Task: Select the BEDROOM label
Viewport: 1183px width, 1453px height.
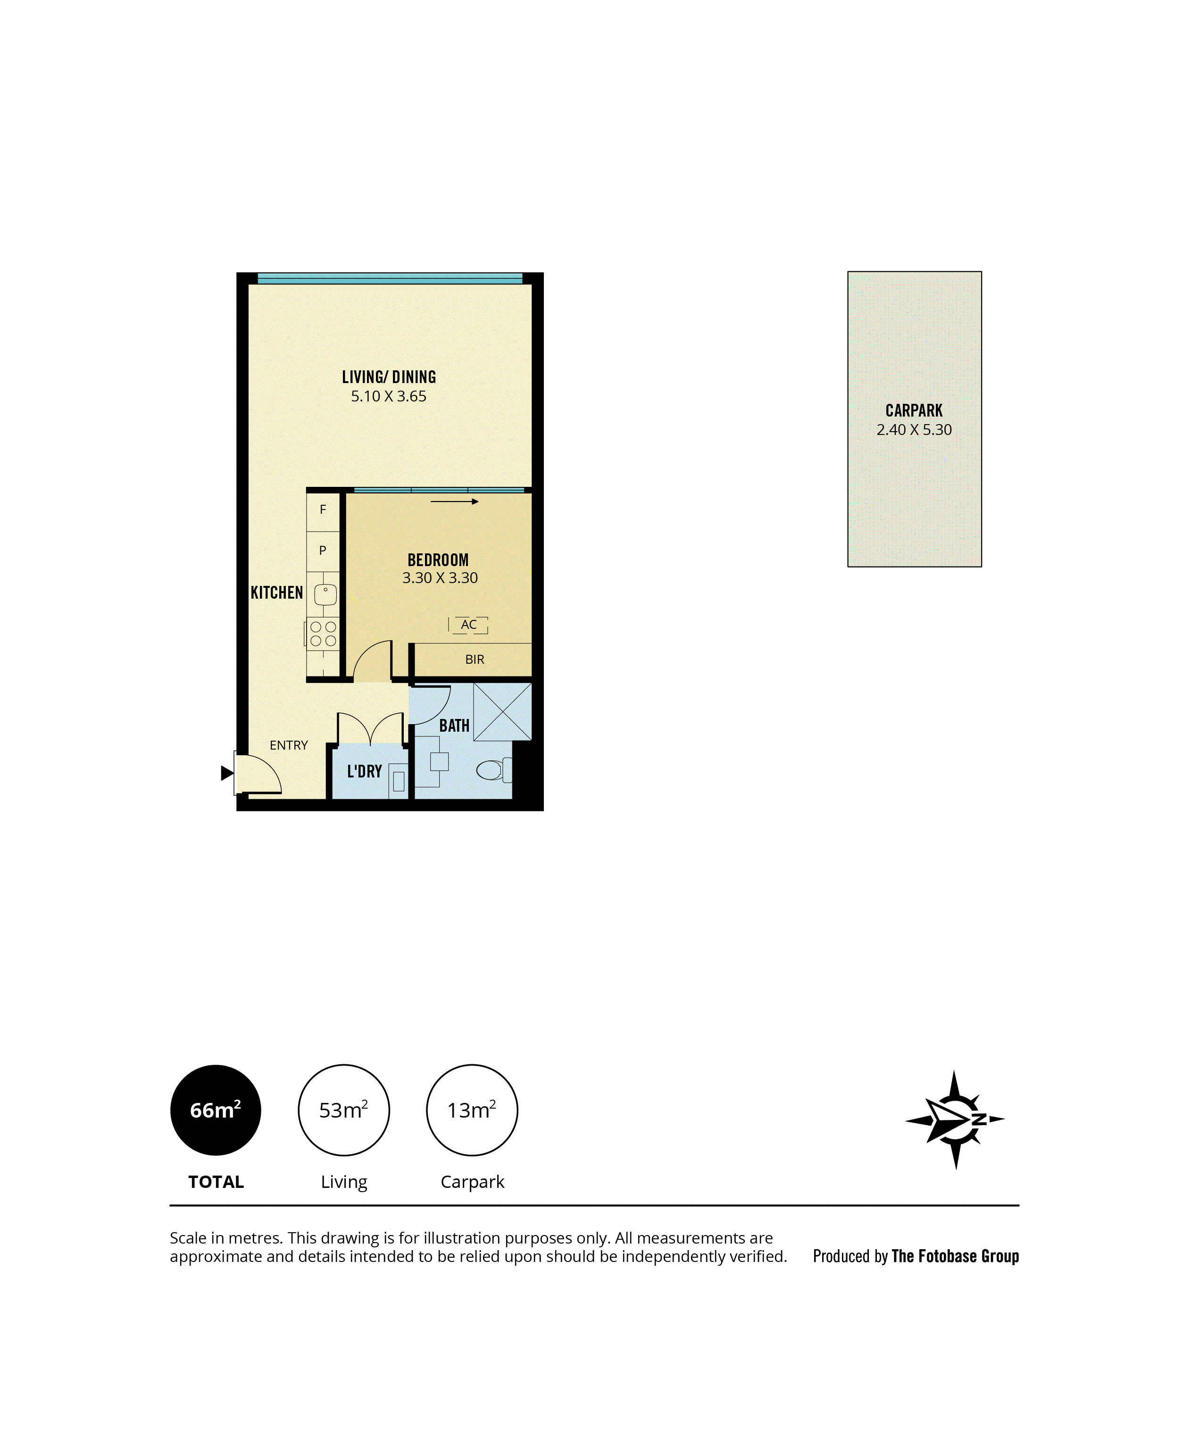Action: tap(438, 560)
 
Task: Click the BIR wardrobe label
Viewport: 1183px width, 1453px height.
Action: tap(475, 660)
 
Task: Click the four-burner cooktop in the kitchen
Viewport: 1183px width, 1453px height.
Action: tap(323, 633)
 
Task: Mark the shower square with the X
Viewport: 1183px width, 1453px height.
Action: tap(502, 711)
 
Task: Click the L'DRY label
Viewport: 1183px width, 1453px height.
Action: tap(365, 771)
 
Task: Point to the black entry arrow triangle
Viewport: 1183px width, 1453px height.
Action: tap(227, 773)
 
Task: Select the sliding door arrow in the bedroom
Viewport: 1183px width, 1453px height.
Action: tap(455, 501)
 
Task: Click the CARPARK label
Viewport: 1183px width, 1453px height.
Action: tap(914, 411)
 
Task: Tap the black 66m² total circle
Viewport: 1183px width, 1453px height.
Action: tap(216, 1110)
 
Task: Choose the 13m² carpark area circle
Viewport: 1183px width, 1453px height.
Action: tap(472, 1110)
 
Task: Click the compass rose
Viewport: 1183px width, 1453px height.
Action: tap(955, 1119)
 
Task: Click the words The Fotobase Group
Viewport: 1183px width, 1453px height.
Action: tap(955, 1256)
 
